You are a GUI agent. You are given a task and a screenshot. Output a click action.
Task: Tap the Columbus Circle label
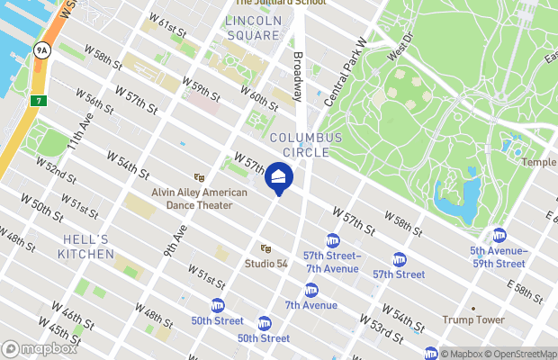306,146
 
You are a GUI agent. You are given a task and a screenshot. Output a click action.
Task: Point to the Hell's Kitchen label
88,247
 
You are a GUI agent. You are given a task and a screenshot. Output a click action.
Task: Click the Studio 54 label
266,263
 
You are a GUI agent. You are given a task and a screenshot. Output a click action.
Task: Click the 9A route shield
41,50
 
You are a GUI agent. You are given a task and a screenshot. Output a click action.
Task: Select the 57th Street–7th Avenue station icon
332,240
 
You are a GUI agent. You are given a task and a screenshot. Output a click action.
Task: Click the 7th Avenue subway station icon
310,290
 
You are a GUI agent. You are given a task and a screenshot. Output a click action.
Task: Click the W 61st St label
168,28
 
